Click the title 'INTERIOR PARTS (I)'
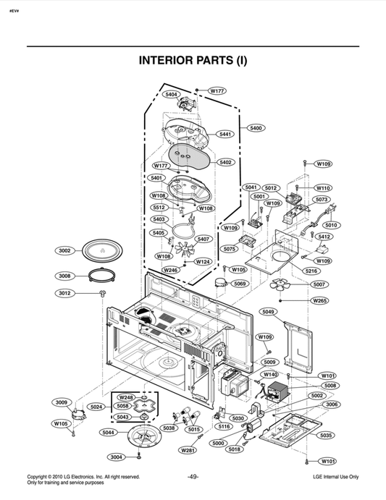pos(193,61)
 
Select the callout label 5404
pos(172,95)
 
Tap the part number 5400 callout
pos(256,128)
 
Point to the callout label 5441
pos(225,135)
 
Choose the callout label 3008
pos(64,276)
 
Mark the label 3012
pos(64,293)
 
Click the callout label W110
pos(322,187)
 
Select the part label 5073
pos(322,199)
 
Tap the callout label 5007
pos(319,284)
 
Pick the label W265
pos(319,300)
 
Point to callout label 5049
pos(268,312)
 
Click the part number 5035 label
pos(326,435)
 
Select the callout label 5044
pos(108,433)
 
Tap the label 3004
pos(115,457)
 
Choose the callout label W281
pos(188,450)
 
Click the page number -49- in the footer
pos(193,478)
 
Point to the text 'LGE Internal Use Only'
pos(335,478)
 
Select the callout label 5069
pos(240,284)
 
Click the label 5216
pos(311,271)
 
